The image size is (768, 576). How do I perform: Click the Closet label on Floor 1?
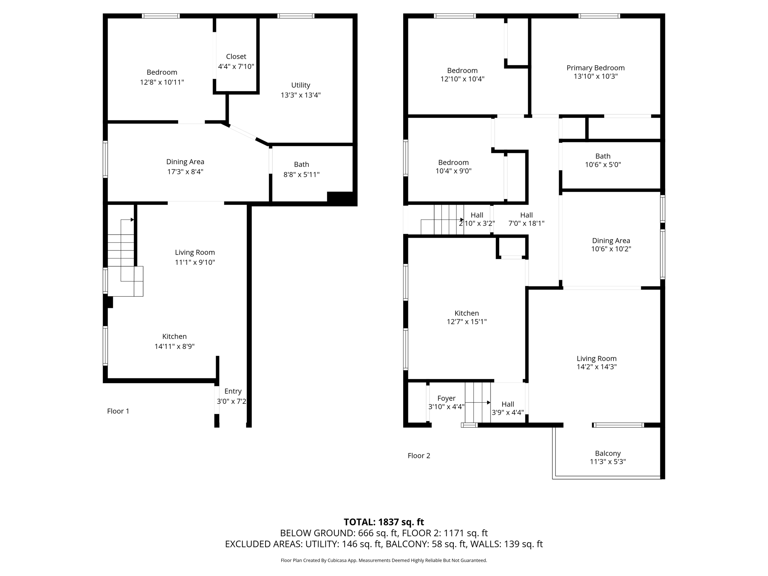(x=236, y=57)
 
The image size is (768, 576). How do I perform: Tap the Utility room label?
(x=301, y=85)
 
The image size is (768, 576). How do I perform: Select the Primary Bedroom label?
(x=595, y=68)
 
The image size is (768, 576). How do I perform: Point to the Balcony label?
(x=608, y=453)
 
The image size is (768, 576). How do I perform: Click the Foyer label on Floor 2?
(x=446, y=398)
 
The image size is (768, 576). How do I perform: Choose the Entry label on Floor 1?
(x=233, y=391)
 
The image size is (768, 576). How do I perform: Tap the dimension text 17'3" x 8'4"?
(x=185, y=172)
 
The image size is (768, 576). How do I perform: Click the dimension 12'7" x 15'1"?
(x=466, y=321)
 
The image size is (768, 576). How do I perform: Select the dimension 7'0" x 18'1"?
(x=526, y=223)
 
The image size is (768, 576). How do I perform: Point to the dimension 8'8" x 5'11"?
(x=301, y=174)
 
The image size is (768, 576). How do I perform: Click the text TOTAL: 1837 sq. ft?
(x=384, y=522)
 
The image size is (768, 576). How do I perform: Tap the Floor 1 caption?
(x=118, y=411)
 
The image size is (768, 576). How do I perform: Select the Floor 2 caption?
(x=419, y=456)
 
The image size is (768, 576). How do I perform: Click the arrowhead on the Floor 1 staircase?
(x=132, y=220)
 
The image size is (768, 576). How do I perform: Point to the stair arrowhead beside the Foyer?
(x=489, y=402)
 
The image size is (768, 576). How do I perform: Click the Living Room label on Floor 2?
(x=596, y=358)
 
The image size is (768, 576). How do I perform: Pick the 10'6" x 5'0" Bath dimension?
(x=603, y=164)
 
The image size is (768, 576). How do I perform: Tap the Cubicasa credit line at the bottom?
(x=384, y=560)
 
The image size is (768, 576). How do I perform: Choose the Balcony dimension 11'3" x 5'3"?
(x=608, y=462)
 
